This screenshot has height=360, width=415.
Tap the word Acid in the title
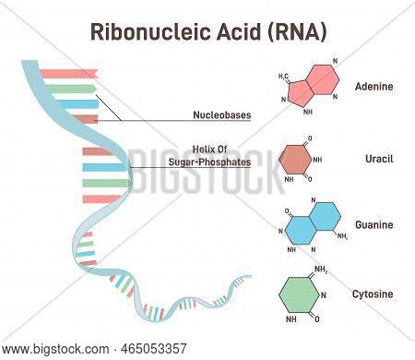click(x=242, y=31)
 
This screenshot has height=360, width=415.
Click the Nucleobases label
click(x=221, y=115)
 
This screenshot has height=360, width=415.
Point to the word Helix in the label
click(x=204, y=149)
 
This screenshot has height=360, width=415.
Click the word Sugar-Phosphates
click(x=209, y=162)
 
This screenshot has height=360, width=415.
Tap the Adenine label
click(x=373, y=87)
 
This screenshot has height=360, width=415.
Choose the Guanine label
click(x=373, y=224)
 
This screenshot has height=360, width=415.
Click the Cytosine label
click(x=373, y=294)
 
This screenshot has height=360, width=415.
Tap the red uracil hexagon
click(x=297, y=159)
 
